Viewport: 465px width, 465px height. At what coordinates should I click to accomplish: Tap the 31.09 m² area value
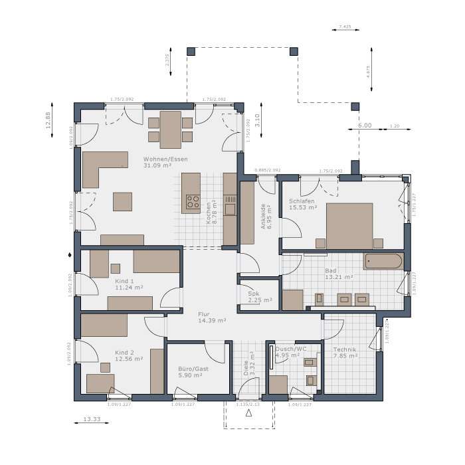coord(157,166)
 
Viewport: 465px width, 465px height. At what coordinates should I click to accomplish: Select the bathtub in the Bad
coord(383,260)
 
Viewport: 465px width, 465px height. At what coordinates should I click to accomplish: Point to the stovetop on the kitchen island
coord(193,201)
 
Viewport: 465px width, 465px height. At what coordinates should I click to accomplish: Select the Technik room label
coord(345,349)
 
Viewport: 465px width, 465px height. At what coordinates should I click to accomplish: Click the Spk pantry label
coord(254,293)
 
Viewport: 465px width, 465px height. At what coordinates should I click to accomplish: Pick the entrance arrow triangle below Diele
coord(249,413)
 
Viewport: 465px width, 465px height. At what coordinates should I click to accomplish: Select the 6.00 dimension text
coord(365,126)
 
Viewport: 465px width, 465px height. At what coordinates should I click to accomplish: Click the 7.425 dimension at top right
coord(345,27)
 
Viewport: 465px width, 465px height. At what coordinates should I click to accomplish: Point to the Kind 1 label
coord(125,281)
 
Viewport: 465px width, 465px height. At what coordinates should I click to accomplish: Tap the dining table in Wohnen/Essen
coord(170,129)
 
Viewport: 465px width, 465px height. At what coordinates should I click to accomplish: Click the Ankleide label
coord(264,216)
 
